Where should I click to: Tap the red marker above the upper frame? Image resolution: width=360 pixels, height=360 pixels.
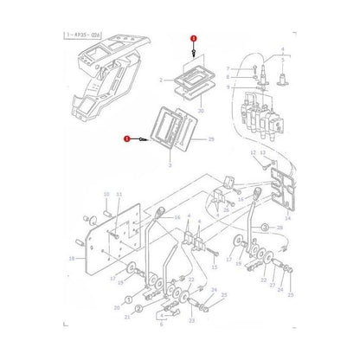pyautogui.click(x=193, y=40)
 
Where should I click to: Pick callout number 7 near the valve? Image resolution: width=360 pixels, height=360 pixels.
pyautogui.click(x=228, y=68)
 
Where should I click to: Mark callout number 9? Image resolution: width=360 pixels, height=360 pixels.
pyautogui.click(x=228, y=87)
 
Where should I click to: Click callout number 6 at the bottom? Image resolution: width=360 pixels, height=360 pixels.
pyautogui.click(x=161, y=327)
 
